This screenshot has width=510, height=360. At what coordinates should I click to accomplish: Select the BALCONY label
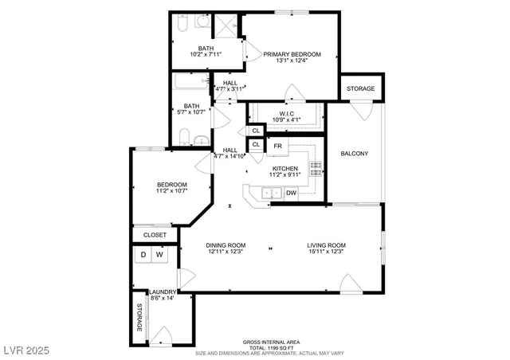click(x=354, y=154)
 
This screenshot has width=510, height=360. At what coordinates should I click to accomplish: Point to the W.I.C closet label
click(x=284, y=113)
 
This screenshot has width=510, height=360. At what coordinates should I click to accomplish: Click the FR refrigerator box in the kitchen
click(x=277, y=147)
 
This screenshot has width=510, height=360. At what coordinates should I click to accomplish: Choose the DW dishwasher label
click(x=292, y=193)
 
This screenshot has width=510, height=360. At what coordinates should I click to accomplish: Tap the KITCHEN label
click(x=284, y=168)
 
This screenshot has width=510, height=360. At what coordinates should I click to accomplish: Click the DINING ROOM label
click(x=226, y=245)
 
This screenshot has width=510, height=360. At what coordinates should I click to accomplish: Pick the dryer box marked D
click(x=143, y=256)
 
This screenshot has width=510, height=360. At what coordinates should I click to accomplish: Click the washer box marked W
click(x=160, y=256)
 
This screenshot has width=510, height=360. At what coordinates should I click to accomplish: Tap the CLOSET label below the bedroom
click(x=155, y=235)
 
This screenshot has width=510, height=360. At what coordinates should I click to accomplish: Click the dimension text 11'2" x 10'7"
click(x=171, y=191)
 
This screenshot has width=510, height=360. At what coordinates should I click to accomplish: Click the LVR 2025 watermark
click(x=26, y=349)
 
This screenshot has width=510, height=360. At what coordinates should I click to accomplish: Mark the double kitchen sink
click(x=270, y=193)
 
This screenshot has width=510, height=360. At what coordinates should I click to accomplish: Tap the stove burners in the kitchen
click(x=315, y=168)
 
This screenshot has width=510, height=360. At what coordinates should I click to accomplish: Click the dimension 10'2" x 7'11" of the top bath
click(x=206, y=54)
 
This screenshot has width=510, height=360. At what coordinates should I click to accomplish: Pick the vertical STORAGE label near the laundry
click(x=139, y=319)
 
